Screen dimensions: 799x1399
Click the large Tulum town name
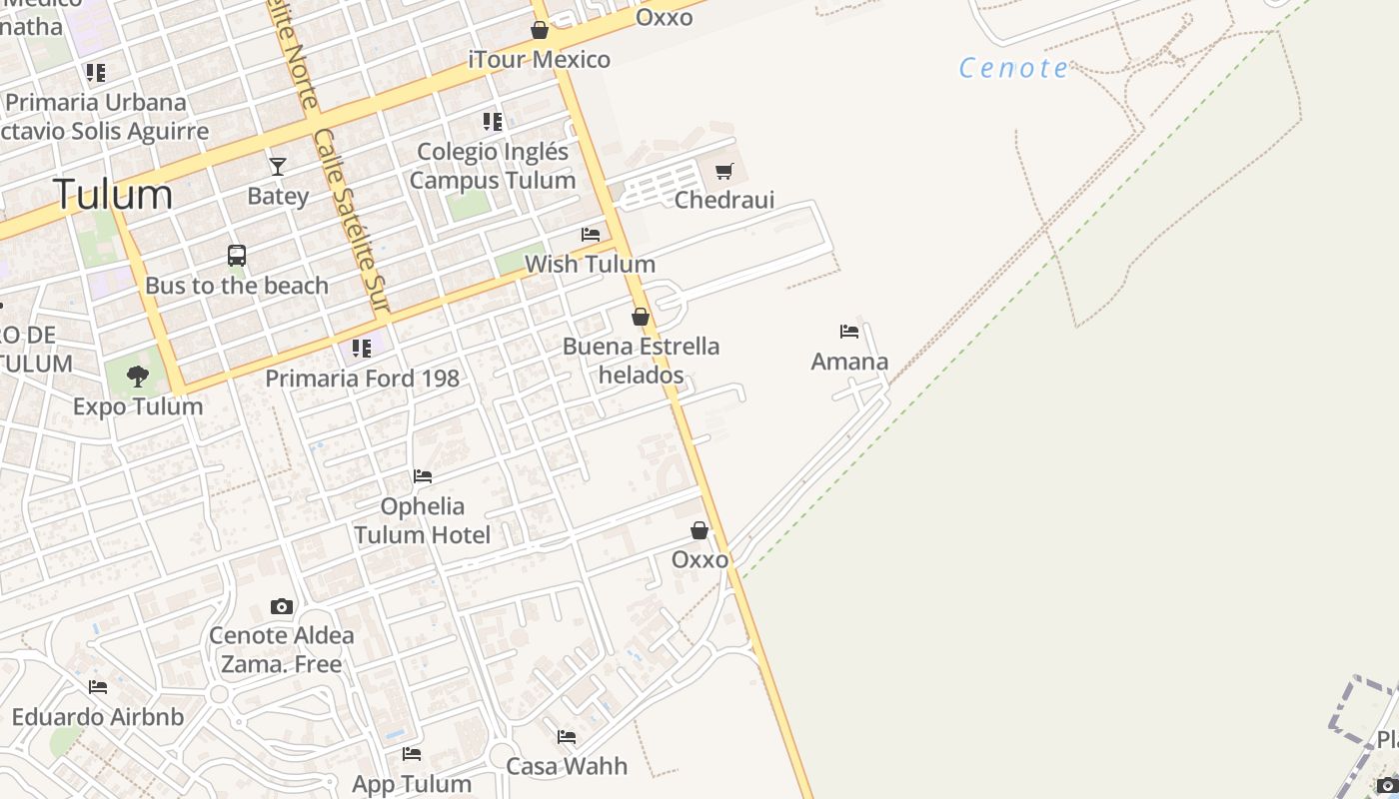pos(113,194)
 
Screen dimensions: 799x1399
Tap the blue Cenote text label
pos(1013,68)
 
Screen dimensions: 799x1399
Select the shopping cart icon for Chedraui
pos(724,171)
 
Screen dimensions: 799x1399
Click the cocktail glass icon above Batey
pos(278,166)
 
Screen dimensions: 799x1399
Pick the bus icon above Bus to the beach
pos(237,256)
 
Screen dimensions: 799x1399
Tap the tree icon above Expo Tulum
pos(138,377)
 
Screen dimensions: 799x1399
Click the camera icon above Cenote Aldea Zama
pos(282,606)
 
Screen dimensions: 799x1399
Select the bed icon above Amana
pos(849,332)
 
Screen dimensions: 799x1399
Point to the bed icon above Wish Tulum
pos(591,235)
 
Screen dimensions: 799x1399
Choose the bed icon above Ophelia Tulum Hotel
pos(423,476)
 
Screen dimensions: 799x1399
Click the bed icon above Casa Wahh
pos(567,737)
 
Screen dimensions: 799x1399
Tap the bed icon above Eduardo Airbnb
pos(98,687)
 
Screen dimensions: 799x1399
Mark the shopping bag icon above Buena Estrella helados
pos(641,317)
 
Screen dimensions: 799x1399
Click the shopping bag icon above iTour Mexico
pos(540,30)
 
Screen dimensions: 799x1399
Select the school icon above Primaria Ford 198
pos(362,349)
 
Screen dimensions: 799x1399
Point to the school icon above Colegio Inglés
pos(493,122)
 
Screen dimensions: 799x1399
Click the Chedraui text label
pos(724,200)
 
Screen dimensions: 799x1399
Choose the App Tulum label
pos(412,784)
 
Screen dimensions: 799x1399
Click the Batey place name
pos(278,196)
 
